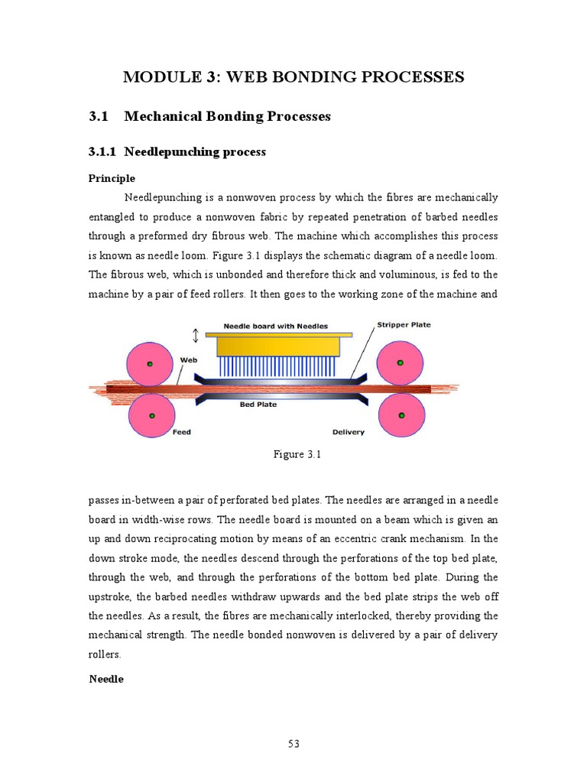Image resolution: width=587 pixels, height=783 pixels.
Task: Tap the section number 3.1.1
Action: coord(102,151)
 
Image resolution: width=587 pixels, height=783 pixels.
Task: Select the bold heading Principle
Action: coord(112,178)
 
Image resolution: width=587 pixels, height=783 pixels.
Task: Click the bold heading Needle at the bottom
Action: coord(106,679)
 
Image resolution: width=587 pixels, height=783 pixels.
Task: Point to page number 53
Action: coord(293,742)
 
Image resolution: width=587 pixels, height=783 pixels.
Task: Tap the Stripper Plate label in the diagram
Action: coord(404,325)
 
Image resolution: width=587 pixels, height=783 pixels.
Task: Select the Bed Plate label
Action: coord(258,404)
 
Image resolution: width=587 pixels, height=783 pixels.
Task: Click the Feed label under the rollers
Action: coord(181,432)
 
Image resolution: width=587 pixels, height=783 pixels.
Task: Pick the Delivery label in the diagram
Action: coord(349,432)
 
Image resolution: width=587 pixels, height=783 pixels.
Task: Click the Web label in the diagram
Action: coord(188,359)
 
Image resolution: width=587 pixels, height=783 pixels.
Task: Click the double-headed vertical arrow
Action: coord(196,336)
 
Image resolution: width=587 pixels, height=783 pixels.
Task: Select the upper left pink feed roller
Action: coord(150,363)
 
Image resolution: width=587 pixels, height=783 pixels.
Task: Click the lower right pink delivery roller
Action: coord(401,415)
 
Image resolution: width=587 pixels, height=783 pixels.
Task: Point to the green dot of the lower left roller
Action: coord(151,415)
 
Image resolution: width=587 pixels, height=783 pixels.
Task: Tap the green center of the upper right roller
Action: coord(401,363)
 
